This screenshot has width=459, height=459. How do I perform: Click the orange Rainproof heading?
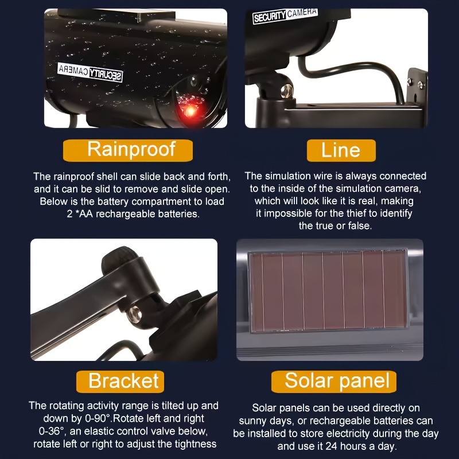(127, 150)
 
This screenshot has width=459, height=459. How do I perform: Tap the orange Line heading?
(341, 150)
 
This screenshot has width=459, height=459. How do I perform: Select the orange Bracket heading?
(120, 382)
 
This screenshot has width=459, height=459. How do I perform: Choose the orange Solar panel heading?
(334, 382)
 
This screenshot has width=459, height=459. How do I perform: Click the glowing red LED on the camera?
(190, 111)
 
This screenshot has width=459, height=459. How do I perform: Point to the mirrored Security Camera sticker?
(90, 72)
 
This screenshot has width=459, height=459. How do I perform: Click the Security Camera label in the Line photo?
(285, 16)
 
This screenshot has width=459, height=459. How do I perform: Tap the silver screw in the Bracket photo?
(134, 314)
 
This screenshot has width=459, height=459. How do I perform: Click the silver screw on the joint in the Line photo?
(286, 91)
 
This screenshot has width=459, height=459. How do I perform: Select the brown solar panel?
(328, 291)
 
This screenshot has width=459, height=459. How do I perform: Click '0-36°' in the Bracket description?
(52, 431)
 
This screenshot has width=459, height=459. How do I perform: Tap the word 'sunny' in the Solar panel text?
(251, 421)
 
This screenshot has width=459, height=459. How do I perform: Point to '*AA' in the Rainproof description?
(84, 214)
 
